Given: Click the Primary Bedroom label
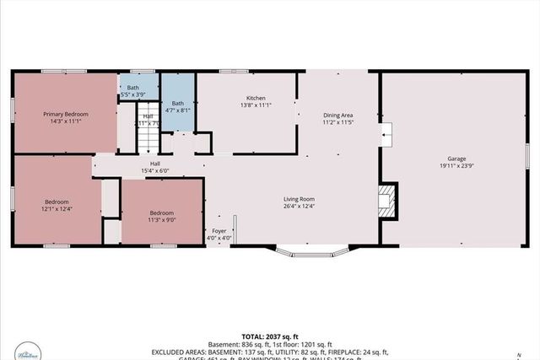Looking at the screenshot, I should click(x=66, y=114).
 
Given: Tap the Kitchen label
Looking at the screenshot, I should click(x=256, y=98).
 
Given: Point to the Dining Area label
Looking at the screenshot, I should click(x=337, y=115).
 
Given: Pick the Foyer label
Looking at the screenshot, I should click(x=219, y=230).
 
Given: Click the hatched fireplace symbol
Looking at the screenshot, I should click(x=386, y=199).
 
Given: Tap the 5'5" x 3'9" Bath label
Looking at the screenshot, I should click(x=133, y=87).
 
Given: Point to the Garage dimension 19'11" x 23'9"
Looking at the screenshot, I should click(x=456, y=167).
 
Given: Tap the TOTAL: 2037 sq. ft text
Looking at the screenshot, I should click(x=269, y=334).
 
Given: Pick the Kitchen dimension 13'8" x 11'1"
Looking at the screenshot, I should click(x=256, y=105).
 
